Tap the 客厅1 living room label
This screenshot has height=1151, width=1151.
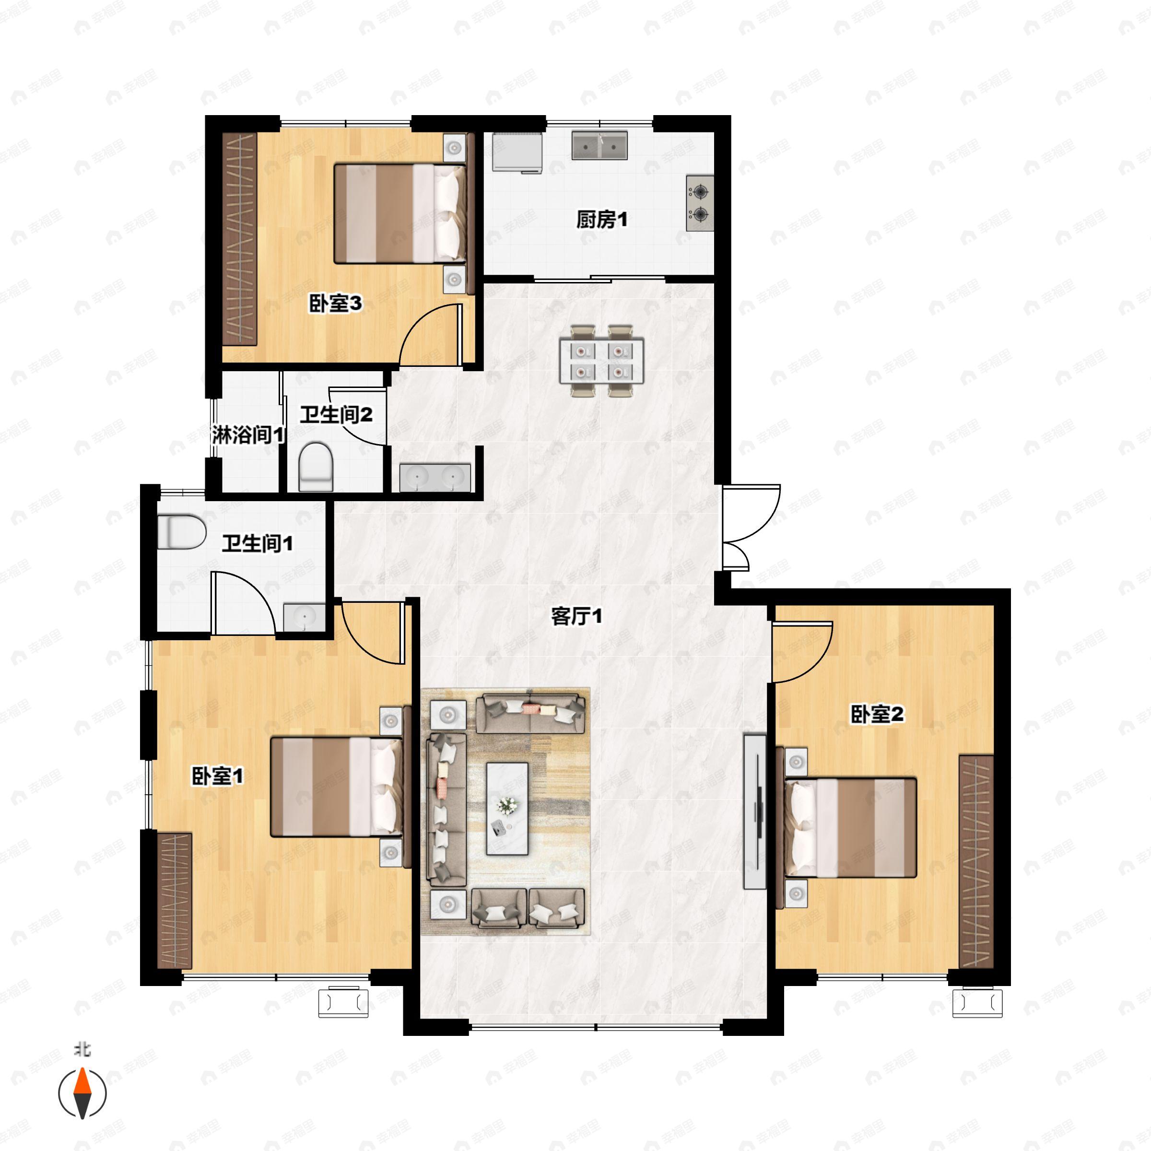pyautogui.click(x=576, y=616)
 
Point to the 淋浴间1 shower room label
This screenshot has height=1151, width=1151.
pyautogui.click(x=248, y=435)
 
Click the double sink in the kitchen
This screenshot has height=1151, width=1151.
pyautogui.click(x=599, y=145)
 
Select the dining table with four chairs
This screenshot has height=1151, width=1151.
pyautogui.click(x=601, y=361)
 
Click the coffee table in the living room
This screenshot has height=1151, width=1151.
pyautogui.click(x=507, y=809)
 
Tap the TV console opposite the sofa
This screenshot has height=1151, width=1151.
pyautogui.click(x=755, y=811)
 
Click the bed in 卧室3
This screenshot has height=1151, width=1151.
pyautogui.click(x=399, y=214)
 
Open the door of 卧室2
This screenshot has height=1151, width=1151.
pyautogui.click(x=801, y=652)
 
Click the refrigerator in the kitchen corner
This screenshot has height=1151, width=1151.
pyautogui.click(x=517, y=153)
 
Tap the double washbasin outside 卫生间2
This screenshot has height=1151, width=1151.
pyautogui.click(x=435, y=477)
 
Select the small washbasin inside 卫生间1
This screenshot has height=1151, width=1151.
pyautogui.click(x=304, y=617)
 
